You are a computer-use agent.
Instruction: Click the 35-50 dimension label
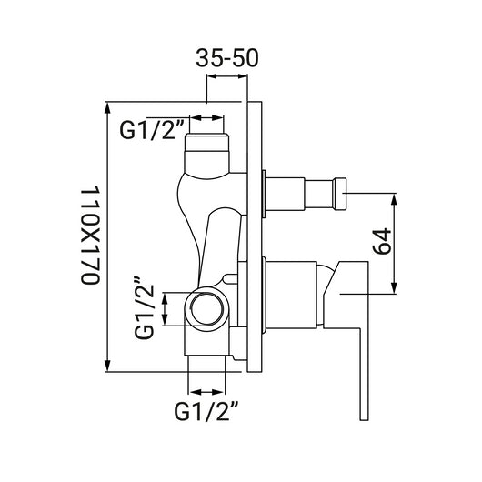coord(227,58)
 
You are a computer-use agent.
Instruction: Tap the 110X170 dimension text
coord(91,236)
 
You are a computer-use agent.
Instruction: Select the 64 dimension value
coord(382,242)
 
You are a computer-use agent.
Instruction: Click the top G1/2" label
coord(152,130)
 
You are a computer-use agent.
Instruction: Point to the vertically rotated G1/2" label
coord(144,308)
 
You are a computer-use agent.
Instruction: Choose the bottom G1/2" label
coord(206,412)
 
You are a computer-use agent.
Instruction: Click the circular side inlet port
coord(206,308)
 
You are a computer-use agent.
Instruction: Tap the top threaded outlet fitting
coord(206,153)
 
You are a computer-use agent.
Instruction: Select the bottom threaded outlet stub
coord(206,365)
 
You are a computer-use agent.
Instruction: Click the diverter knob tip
coord(340,194)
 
